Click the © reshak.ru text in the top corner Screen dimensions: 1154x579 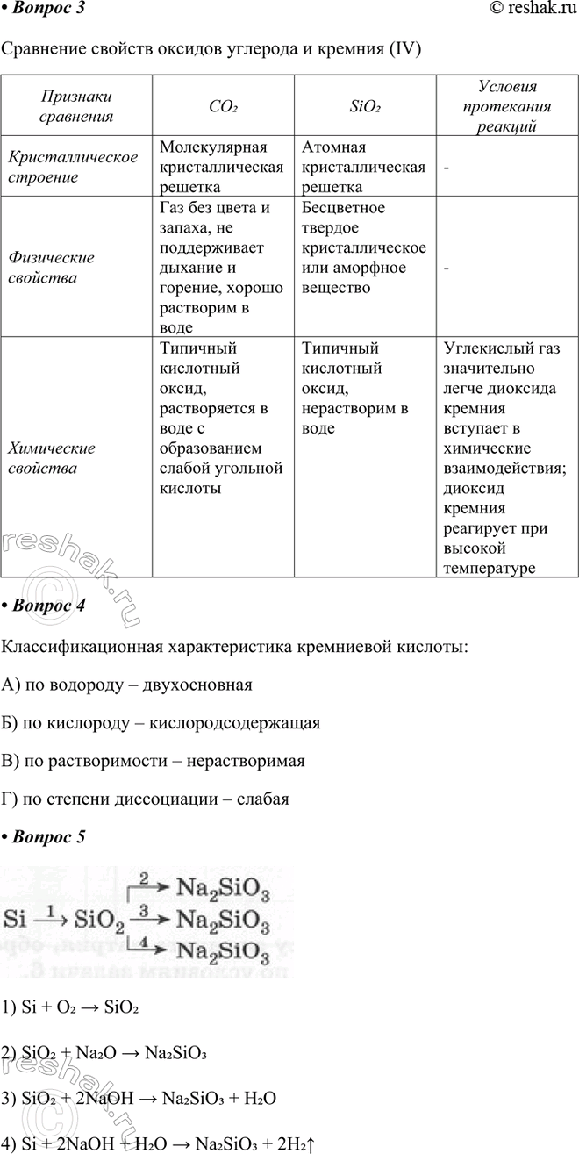pos(525,10)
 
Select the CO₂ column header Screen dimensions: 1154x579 pos(224,106)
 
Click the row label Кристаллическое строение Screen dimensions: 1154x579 pos(73,167)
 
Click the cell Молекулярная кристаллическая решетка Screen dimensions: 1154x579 pos(221,167)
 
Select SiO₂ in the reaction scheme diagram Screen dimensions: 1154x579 pos(102,920)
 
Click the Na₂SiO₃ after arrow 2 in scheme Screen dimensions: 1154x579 pos(224,891)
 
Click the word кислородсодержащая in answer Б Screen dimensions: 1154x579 pos(235,723)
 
